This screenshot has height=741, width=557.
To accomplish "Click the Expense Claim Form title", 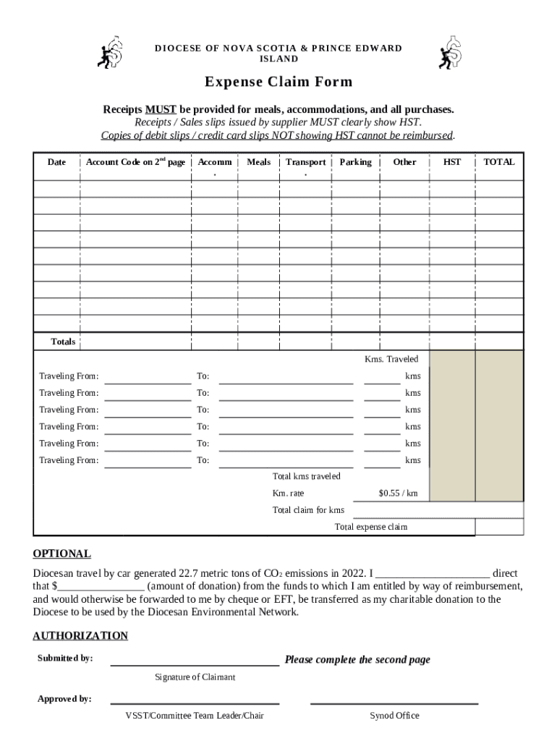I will pos(278,82).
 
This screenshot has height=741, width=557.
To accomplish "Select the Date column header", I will pos(56,162).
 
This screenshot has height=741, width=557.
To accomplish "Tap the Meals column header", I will pos(258,162).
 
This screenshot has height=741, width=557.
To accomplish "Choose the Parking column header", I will pos(355,162).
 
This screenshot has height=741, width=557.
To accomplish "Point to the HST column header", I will pos(452,162).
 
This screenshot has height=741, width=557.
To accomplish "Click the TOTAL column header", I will pos(499,162).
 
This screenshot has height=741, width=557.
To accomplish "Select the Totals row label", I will pos(63,341).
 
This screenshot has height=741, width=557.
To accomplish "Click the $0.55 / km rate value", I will pos(398,493).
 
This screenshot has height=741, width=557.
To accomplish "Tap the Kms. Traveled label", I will pos(391,359).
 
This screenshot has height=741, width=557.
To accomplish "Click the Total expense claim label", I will pos(370,527).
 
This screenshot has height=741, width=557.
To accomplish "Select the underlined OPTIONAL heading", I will pos(61,554).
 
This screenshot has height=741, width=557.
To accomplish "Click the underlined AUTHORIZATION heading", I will pos(80,635).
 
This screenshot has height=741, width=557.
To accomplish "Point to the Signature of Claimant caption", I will pos(195,677).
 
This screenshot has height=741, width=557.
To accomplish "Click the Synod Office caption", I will pos(394,716).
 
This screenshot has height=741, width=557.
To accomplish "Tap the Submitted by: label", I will pos(65,659).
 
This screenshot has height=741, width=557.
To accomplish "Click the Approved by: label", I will pos(64,699).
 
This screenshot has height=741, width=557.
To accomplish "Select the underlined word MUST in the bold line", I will pos(161,109).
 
